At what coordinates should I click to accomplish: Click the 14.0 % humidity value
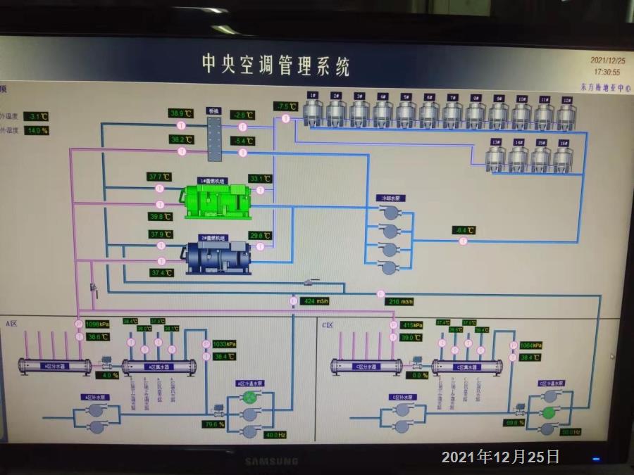tap(37, 130)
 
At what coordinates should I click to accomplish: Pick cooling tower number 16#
tap(562, 156)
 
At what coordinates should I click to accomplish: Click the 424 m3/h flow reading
tap(316, 301)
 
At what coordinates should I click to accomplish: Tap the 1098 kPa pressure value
tap(97, 324)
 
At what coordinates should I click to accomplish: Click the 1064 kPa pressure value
tap(530, 346)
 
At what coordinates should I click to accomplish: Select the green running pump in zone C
tap(548, 411)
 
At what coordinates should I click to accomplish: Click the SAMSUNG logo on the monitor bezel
tap(271, 462)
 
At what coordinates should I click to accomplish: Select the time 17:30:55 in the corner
tap(607, 72)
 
